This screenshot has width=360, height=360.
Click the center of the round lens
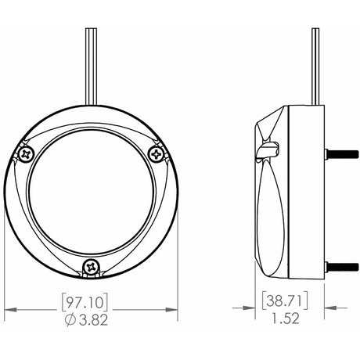pyautogui.click(x=93, y=196)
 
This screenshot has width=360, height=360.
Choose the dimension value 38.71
pyautogui.click(x=285, y=301)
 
